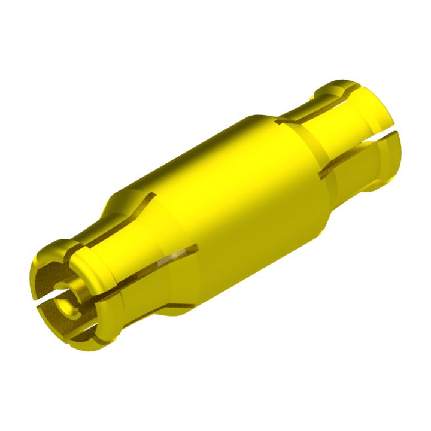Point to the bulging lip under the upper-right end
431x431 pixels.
383,180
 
